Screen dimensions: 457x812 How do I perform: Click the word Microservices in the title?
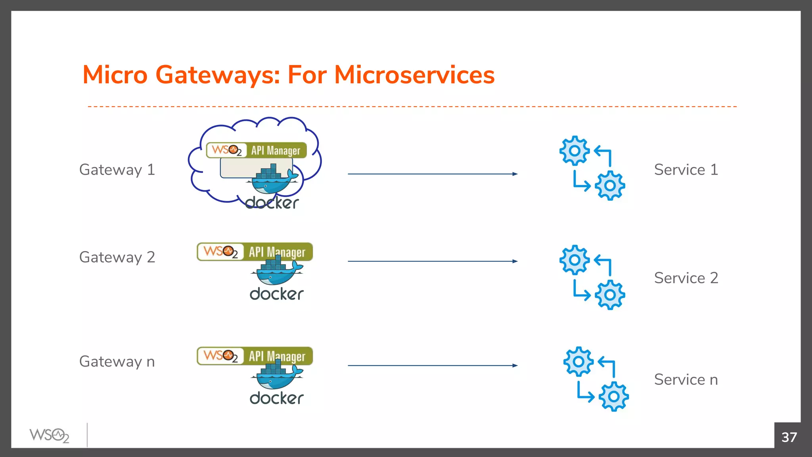tap(414, 75)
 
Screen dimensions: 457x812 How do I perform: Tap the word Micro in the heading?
tap(115, 75)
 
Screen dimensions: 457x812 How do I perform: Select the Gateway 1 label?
tap(117, 170)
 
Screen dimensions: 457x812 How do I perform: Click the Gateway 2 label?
tap(117, 257)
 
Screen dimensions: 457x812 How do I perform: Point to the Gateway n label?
tap(117, 362)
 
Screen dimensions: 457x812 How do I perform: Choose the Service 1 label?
tap(686, 170)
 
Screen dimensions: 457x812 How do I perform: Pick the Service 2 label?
tap(686, 278)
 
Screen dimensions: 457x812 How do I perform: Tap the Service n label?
tap(686, 380)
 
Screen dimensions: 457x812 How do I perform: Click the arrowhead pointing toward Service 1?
tap(515, 174)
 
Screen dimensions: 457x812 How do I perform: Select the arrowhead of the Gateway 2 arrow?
tap(515, 261)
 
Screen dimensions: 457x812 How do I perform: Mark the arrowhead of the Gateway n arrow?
tap(515, 365)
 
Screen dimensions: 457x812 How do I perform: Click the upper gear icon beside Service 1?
tap(575, 151)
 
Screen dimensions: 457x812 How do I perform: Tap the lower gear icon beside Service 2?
tap(610, 295)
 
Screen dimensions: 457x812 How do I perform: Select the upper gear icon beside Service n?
tap(578, 361)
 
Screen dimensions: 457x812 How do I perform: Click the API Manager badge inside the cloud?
tap(257, 150)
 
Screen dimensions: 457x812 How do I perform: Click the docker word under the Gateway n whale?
tap(276, 398)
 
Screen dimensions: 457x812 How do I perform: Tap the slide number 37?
tap(789, 437)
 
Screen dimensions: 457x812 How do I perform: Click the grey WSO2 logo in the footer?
tap(49, 436)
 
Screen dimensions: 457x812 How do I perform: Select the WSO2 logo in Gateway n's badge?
tap(220, 355)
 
